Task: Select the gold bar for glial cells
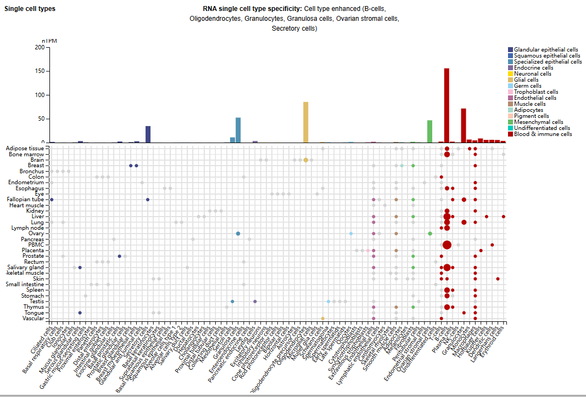(x=305, y=122)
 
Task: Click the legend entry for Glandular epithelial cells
(x=546, y=50)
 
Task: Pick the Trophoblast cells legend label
(x=536, y=92)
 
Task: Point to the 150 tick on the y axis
(x=39, y=71)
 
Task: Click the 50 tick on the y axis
(x=41, y=119)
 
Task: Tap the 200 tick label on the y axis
(x=39, y=47)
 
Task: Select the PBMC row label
(x=36, y=245)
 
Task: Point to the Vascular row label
(x=33, y=318)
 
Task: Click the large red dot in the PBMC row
(x=447, y=245)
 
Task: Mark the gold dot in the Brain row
(x=305, y=160)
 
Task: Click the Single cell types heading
(x=30, y=9)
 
